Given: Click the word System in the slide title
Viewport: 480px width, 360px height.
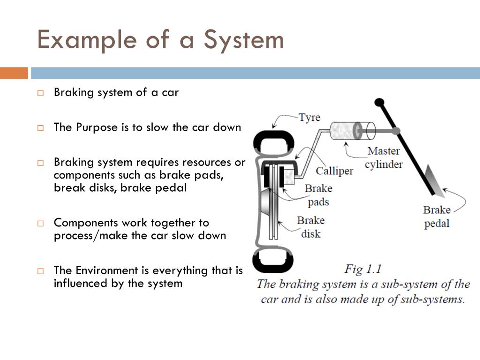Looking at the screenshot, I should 243,40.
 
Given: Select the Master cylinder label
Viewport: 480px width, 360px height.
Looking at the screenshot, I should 383,157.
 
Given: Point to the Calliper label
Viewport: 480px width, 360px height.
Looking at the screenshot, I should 334,171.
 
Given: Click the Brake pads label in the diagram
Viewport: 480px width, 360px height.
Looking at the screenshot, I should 318,195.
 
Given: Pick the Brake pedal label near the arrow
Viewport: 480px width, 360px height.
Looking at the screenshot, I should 437,217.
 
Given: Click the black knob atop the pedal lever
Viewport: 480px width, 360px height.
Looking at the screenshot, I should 379,102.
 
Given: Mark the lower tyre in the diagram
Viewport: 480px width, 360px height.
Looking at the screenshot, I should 273,260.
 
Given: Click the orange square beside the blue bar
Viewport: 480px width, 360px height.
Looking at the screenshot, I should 14,73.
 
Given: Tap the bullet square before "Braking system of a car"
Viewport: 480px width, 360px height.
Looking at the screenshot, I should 41,93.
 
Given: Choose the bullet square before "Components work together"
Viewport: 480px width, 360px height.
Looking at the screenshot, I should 41,223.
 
